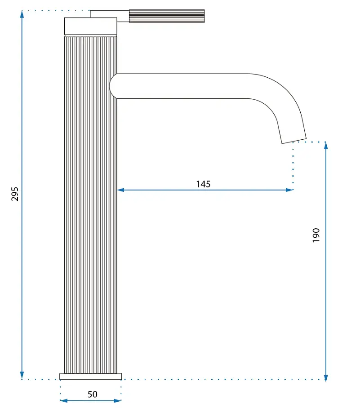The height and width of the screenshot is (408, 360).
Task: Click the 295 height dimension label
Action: [15, 194]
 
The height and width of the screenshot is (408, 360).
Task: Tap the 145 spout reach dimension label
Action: [203, 184]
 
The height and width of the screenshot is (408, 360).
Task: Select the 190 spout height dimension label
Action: [316, 235]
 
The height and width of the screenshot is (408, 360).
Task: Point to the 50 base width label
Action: [93, 394]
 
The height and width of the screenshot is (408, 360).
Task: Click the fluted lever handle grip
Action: [167, 16]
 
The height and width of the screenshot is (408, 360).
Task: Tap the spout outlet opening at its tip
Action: [294, 141]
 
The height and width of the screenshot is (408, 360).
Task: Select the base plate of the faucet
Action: [91, 376]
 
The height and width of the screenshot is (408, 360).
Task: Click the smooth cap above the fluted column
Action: [91, 26]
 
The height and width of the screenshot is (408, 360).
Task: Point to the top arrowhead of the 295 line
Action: [22, 14]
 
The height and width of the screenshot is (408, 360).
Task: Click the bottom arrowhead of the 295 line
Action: [22, 376]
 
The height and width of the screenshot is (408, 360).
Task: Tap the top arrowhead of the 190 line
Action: [326, 146]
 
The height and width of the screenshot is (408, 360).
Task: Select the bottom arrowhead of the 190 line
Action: [326, 378]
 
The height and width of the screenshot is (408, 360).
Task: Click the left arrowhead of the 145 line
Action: [121, 190]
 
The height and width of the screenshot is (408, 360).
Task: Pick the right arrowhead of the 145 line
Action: [289, 190]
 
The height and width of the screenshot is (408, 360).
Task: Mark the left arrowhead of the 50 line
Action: [64, 401]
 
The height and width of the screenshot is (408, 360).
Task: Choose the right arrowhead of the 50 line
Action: [118, 401]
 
